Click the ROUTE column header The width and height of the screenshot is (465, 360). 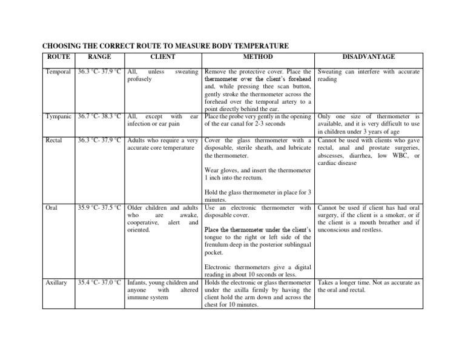pyautogui.click(x=58, y=57)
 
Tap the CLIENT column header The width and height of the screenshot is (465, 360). pyautogui.click(x=162, y=57)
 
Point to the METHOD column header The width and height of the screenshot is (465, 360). pyautogui.click(x=257, y=57)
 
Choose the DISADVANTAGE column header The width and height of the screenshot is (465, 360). pyautogui.click(x=369, y=57)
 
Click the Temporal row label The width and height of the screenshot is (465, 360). pyautogui.click(x=59, y=72)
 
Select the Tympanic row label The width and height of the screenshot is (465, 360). pyautogui.click(x=59, y=116)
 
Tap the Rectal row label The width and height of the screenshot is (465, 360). pyautogui.click(x=54, y=141)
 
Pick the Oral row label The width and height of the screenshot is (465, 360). pyautogui.click(x=52, y=208)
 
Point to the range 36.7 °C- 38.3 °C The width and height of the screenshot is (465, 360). pyautogui.click(x=100, y=116)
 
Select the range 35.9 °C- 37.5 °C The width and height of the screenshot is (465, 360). pyautogui.click(x=100, y=208)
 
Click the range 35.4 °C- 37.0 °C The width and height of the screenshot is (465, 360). pyautogui.click(x=100, y=283)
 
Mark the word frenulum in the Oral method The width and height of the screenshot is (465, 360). pyautogui.click(x=220, y=245)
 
